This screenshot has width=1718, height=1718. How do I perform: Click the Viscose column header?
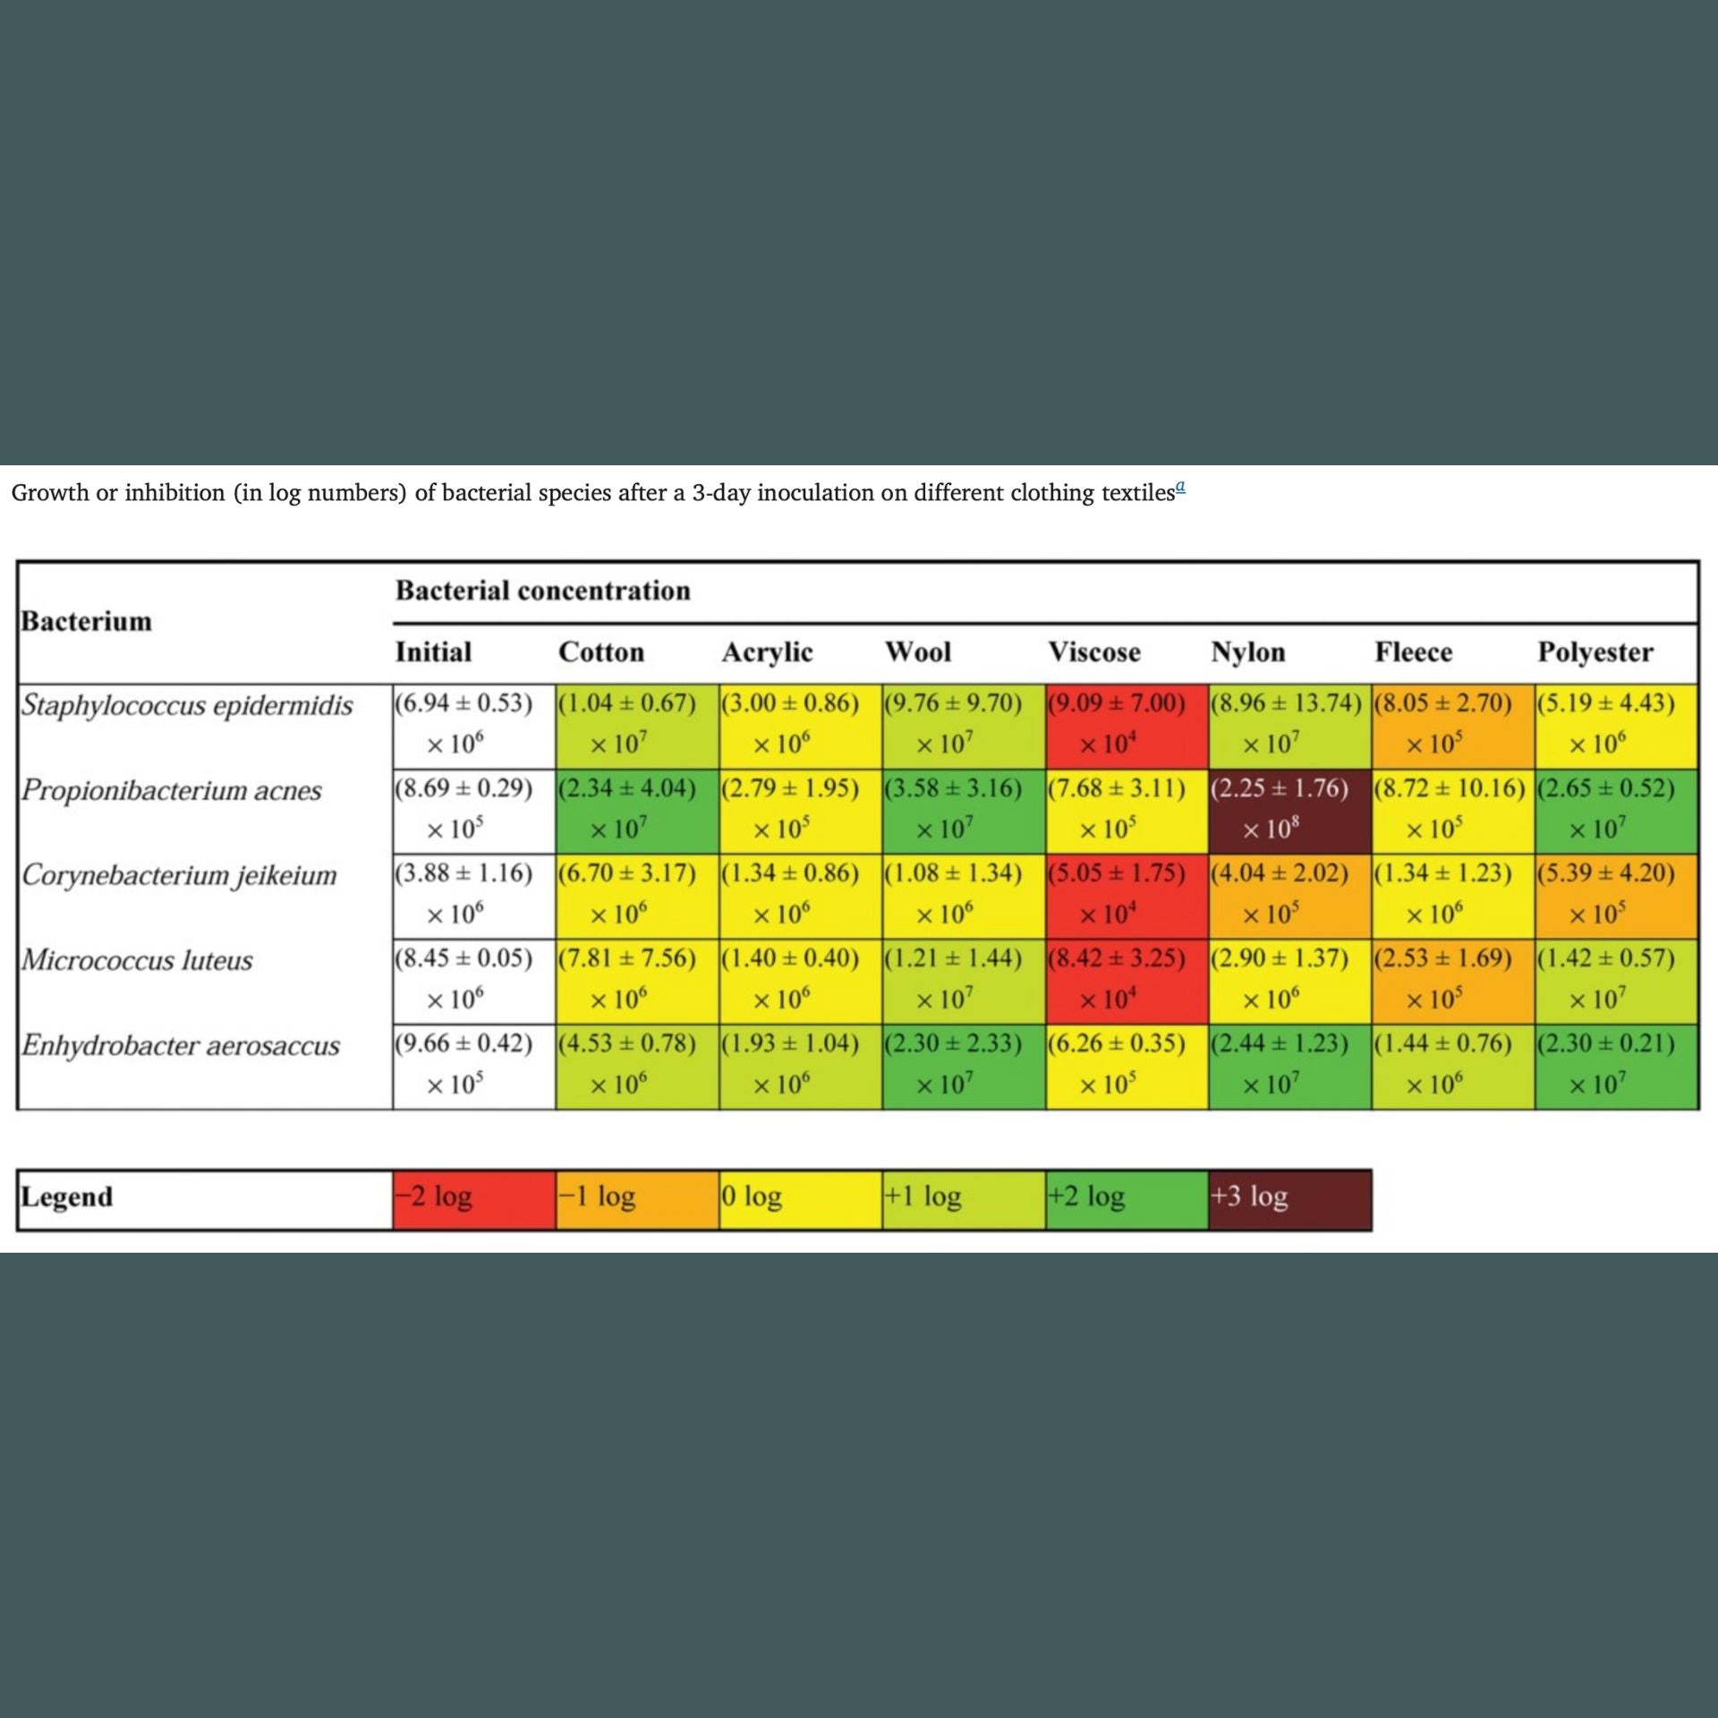pyautogui.click(x=1093, y=652)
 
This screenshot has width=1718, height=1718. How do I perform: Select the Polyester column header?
pyautogui.click(x=1595, y=652)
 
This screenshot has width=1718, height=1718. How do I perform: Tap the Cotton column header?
pyautogui.click(x=600, y=652)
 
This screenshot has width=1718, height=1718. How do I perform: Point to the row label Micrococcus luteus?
pyautogui.click(x=137, y=960)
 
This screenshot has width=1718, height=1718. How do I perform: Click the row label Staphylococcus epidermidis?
pyautogui.click(x=187, y=705)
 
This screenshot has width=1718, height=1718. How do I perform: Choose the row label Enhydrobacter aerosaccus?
pyautogui.click(x=180, y=1045)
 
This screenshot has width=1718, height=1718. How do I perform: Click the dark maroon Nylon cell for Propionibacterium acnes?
pyautogui.click(x=1289, y=810)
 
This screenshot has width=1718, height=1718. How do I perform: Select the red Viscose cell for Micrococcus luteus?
pyautogui.click(x=1126, y=980)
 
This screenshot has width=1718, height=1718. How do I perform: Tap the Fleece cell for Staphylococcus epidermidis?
pyautogui.click(x=1452, y=725)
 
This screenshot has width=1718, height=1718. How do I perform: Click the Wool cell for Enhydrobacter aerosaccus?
pyautogui.click(x=963, y=1065)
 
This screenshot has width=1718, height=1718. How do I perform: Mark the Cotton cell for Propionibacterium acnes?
pyautogui.click(x=636, y=810)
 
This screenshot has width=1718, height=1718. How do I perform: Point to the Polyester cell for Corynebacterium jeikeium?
pyautogui.click(x=1615, y=895)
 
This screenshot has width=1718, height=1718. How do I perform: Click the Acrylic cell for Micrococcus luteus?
pyautogui.click(x=799, y=980)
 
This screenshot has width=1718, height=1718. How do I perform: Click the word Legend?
pyautogui.click(x=67, y=1197)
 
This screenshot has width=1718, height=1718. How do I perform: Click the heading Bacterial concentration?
pyautogui.click(x=542, y=591)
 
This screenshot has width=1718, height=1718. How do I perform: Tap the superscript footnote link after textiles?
pyautogui.click(x=1180, y=488)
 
